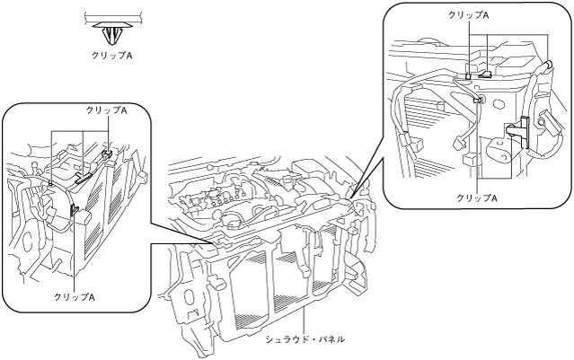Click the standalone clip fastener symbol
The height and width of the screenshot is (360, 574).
[x=112, y=32]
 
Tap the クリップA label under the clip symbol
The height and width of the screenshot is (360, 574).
[x=112, y=54]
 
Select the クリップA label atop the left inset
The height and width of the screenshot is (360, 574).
[x=105, y=110]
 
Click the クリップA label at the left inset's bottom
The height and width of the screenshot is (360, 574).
[x=73, y=295]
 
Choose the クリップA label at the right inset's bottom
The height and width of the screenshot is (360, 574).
[x=477, y=197]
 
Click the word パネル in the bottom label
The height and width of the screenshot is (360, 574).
[x=328, y=339]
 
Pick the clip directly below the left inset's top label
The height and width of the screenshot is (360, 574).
[x=106, y=154]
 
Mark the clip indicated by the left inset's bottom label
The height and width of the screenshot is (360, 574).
[x=73, y=213]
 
